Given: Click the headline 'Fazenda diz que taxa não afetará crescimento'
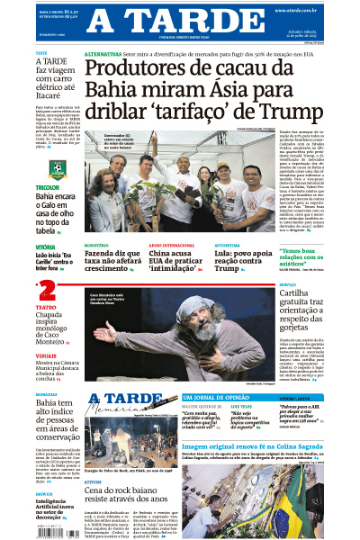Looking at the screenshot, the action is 112,261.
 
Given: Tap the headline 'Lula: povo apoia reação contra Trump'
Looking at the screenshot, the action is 241,261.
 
